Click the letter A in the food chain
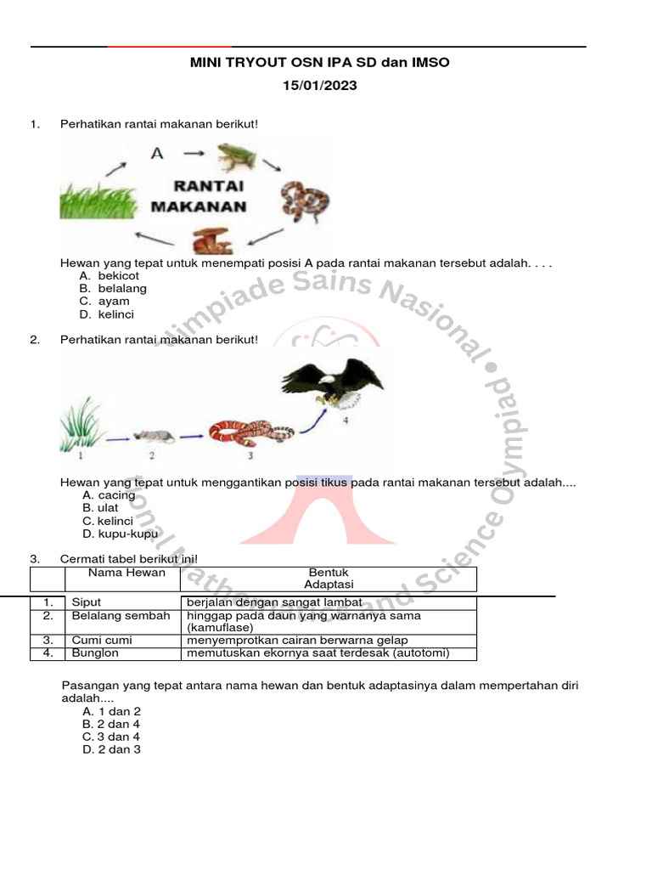point(156,154)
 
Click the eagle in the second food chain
point(333,382)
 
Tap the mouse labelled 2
point(154,436)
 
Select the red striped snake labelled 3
point(251,432)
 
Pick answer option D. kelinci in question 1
point(110,314)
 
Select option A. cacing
point(109,495)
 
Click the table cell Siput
point(87,602)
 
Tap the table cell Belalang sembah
point(121,616)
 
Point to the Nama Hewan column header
point(122,573)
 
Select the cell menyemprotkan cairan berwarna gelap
point(297,640)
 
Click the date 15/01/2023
point(320,85)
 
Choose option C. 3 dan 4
point(111,737)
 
